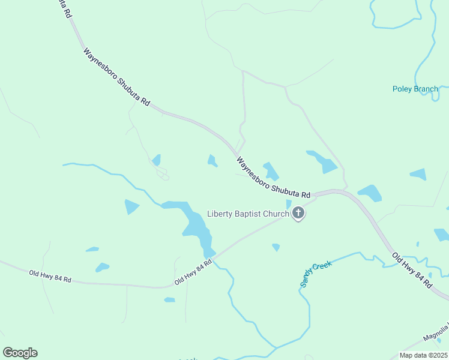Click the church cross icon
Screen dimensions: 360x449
point(298,214)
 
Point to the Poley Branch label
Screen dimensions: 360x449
point(415,89)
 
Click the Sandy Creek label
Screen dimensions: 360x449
point(316,274)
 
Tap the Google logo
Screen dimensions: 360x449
point(20,353)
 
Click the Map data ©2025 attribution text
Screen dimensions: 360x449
point(423,355)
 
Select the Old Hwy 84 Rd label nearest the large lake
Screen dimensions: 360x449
point(193,272)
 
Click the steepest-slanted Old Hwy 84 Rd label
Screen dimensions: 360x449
point(412,271)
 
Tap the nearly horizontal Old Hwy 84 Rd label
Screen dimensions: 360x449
point(50,277)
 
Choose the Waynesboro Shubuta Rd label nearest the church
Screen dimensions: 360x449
point(273,179)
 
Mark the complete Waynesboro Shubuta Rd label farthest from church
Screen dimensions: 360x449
point(116,77)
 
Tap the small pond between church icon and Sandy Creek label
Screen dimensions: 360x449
point(276,247)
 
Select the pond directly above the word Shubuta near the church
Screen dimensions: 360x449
point(271,171)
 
